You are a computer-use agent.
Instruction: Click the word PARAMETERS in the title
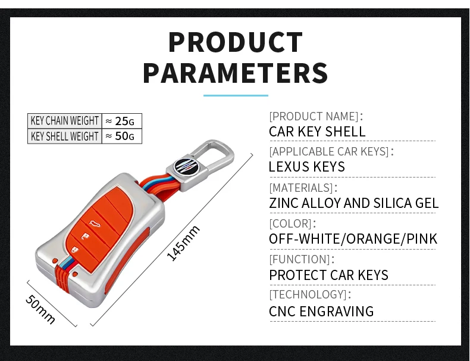point(235,73)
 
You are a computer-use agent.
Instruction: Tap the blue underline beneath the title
point(236,95)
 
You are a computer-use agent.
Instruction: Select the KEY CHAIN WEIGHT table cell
point(64,121)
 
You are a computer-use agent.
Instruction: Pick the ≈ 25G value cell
point(121,121)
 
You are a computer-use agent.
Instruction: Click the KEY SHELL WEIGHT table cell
point(64,136)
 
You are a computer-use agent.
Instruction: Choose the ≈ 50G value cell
point(121,136)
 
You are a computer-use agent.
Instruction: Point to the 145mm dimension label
point(183,242)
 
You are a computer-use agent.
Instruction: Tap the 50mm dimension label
point(40,309)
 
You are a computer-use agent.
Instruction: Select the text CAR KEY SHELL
point(317,132)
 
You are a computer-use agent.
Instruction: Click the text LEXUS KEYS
point(306,167)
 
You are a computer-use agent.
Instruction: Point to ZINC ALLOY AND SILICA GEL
point(353,203)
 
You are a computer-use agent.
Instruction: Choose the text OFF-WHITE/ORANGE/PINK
point(353,239)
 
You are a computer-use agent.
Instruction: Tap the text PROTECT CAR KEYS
point(328,275)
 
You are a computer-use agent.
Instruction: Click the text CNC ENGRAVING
point(321,312)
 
